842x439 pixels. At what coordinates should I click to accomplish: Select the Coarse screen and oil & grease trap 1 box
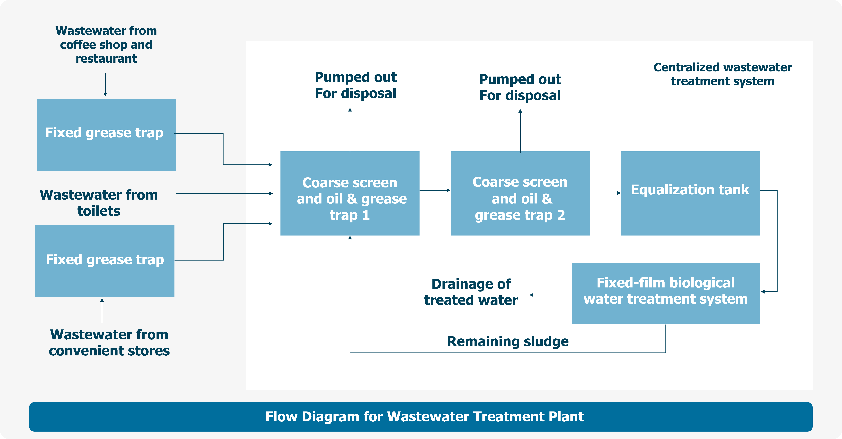tap(350, 193)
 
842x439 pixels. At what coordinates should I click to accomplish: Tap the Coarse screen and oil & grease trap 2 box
tap(520, 193)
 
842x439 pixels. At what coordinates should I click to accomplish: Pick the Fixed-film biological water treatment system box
tap(666, 293)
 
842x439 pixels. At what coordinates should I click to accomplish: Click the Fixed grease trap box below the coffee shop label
tap(106, 135)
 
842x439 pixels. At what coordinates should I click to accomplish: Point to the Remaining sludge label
tap(508, 341)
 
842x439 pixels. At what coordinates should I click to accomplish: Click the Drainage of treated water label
tap(471, 292)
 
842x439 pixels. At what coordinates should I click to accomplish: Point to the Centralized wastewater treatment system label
tap(722, 74)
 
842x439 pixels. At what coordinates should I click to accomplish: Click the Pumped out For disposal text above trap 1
tap(356, 85)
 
